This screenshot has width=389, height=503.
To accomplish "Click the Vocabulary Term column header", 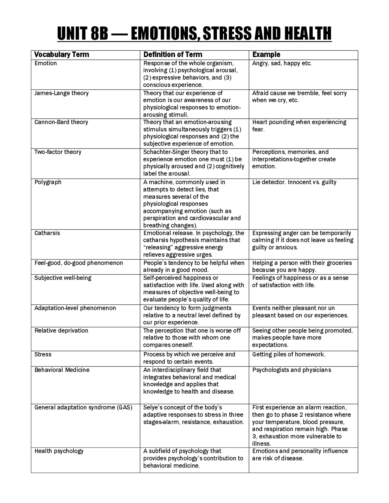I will (x=62, y=55).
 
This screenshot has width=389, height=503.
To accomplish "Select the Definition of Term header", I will (x=173, y=55).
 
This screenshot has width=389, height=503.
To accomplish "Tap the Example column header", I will (x=266, y=55).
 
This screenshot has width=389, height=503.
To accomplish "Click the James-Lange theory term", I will (x=61, y=93).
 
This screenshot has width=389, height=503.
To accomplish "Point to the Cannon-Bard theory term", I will (x=61, y=122).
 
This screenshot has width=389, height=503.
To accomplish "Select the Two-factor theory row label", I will (x=58, y=152).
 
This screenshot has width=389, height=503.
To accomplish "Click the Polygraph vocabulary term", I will (x=48, y=182).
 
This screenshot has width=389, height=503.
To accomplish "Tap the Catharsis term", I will (x=47, y=233).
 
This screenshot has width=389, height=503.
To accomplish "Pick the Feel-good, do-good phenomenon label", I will (x=79, y=263).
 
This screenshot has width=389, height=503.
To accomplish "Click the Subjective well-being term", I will (x=63, y=278).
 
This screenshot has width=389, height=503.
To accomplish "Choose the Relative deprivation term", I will (x=61, y=330).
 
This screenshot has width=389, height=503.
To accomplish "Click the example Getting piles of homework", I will (x=289, y=354).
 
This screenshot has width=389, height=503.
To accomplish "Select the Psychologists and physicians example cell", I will (x=292, y=370).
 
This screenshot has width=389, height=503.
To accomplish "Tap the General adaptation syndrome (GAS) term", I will (x=83, y=407).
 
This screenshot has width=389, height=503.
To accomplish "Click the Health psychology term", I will (x=59, y=451).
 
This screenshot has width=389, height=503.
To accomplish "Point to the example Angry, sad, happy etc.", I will (x=282, y=63).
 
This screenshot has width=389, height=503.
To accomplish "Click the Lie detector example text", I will (x=269, y=182).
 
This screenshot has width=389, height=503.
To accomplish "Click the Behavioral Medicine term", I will (x=62, y=370).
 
